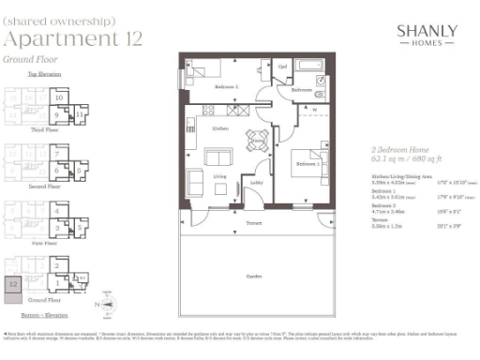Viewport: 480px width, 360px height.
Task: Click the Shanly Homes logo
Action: coord(427,36)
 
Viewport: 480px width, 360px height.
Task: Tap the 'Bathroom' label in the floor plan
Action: coord(300,90)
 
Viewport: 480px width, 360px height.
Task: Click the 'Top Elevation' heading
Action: coord(43,73)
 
